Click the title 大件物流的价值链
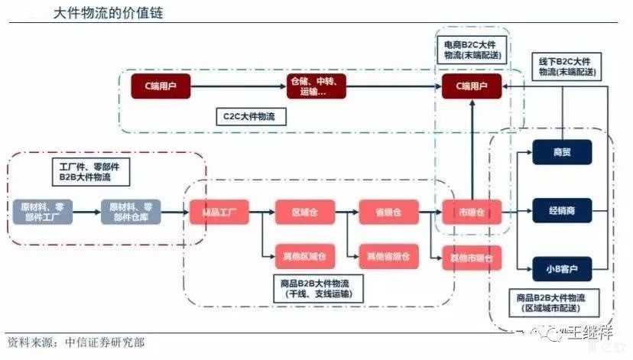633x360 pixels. click(108, 14)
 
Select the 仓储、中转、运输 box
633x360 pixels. click(316, 86)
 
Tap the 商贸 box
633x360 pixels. click(562, 152)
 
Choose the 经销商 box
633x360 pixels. click(562, 209)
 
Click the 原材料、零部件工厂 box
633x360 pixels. click(43, 211)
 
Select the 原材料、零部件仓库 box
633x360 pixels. click(131, 211)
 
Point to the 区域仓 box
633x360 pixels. click(304, 211)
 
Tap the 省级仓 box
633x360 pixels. click(388, 211)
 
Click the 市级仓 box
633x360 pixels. click(471, 211)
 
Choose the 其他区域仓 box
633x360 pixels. click(304, 255)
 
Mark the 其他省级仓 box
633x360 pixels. click(388, 255)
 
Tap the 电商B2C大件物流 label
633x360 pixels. click(472, 50)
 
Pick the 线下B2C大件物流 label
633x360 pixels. click(566, 66)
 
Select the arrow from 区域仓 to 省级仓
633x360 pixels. click(346, 211)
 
